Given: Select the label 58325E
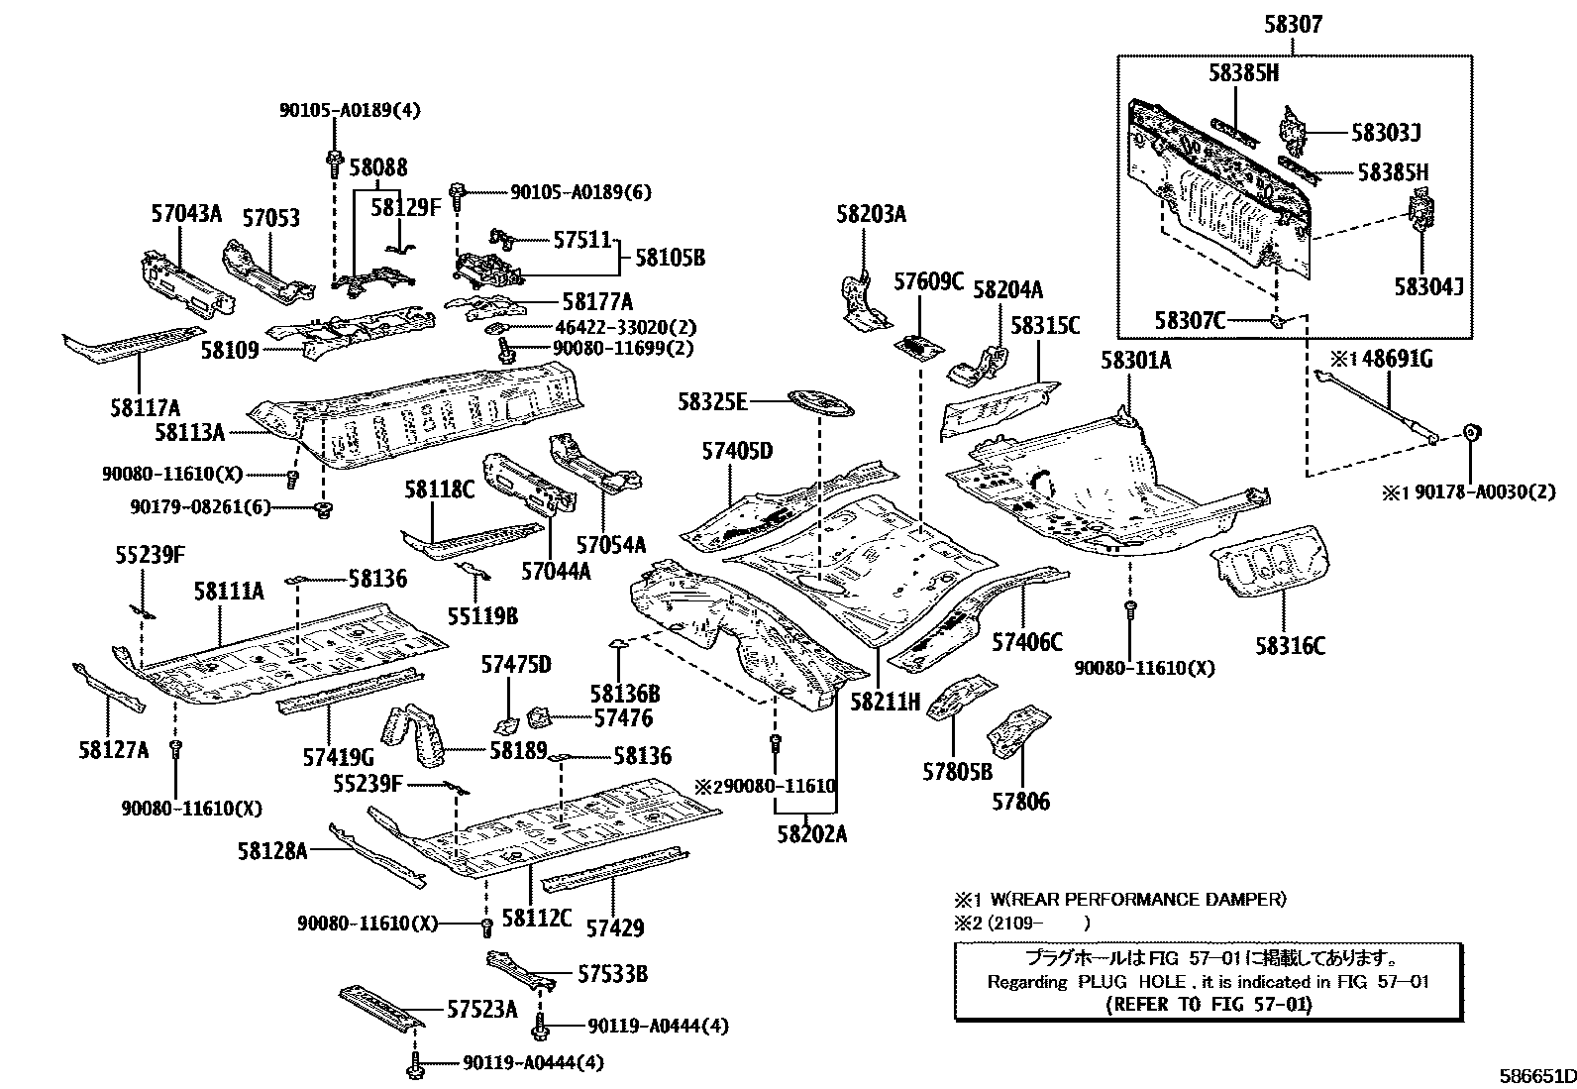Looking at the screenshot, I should coord(711,402).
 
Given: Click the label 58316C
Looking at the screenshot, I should coord(1289,646).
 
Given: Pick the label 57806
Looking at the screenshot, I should coord(1020,800).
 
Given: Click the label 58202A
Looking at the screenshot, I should coord(811,833).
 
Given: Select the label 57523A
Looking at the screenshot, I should coord(481,1009).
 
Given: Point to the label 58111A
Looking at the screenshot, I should coord(228,592).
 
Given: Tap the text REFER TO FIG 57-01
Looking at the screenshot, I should coord(1208,1004).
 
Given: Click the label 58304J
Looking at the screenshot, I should coord(1427,286).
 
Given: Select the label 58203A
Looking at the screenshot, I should coord(871,214).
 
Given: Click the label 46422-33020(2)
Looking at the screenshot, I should coord(614,327).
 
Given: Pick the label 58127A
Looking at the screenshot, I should coord(113,749).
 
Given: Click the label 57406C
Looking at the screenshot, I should coord(1026,643).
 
